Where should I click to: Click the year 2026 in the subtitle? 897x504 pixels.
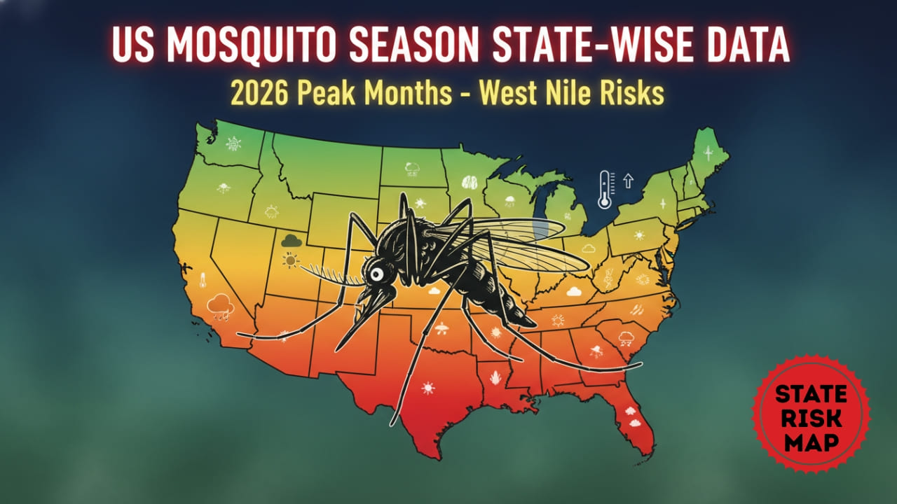click(x=257, y=93)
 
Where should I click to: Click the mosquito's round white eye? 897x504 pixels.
click(x=376, y=274)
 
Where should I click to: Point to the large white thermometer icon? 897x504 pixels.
click(x=605, y=190)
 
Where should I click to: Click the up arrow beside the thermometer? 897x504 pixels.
click(x=628, y=181)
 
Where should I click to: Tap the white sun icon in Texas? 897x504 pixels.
click(x=427, y=387)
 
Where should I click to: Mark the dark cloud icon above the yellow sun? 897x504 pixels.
click(x=291, y=241)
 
